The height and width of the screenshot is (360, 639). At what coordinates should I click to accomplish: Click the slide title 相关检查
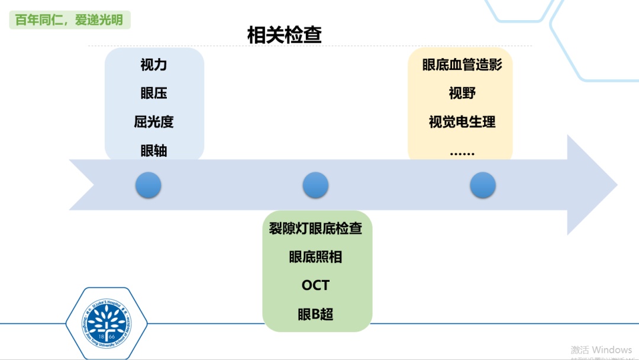click(284, 35)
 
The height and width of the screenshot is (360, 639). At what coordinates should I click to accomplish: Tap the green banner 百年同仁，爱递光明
click(69, 20)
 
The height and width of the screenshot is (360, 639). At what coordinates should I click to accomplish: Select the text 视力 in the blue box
click(154, 65)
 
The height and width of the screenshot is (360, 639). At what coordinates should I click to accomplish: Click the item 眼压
click(154, 93)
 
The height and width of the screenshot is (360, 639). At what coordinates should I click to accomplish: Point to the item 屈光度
click(154, 122)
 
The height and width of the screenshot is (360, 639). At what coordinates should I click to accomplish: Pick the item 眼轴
click(154, 150)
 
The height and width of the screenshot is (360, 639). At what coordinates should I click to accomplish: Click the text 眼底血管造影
click(461, 65)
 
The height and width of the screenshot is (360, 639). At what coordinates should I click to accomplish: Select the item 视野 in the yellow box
click(461, 93)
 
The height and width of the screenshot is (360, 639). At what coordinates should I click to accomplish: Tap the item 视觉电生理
click(461, 122)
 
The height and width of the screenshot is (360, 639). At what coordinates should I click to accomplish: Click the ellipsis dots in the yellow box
click(461, 153)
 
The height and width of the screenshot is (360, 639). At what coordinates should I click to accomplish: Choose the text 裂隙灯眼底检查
click(315, 228)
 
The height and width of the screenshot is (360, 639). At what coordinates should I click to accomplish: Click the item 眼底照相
click(315, 256)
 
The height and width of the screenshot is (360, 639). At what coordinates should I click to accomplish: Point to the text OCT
click(315, 285)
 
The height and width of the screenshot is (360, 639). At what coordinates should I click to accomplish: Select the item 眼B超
click(315, 314)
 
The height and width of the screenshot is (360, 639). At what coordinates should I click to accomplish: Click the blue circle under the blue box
click(148, 185)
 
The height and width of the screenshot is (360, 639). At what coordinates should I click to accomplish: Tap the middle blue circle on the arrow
click(315, 185)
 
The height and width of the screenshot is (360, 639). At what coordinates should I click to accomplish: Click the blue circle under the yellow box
click(483, 185)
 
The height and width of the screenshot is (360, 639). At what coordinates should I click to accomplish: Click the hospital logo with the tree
click(105, 323)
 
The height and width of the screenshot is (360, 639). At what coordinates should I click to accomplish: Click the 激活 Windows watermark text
click(601, 350)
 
